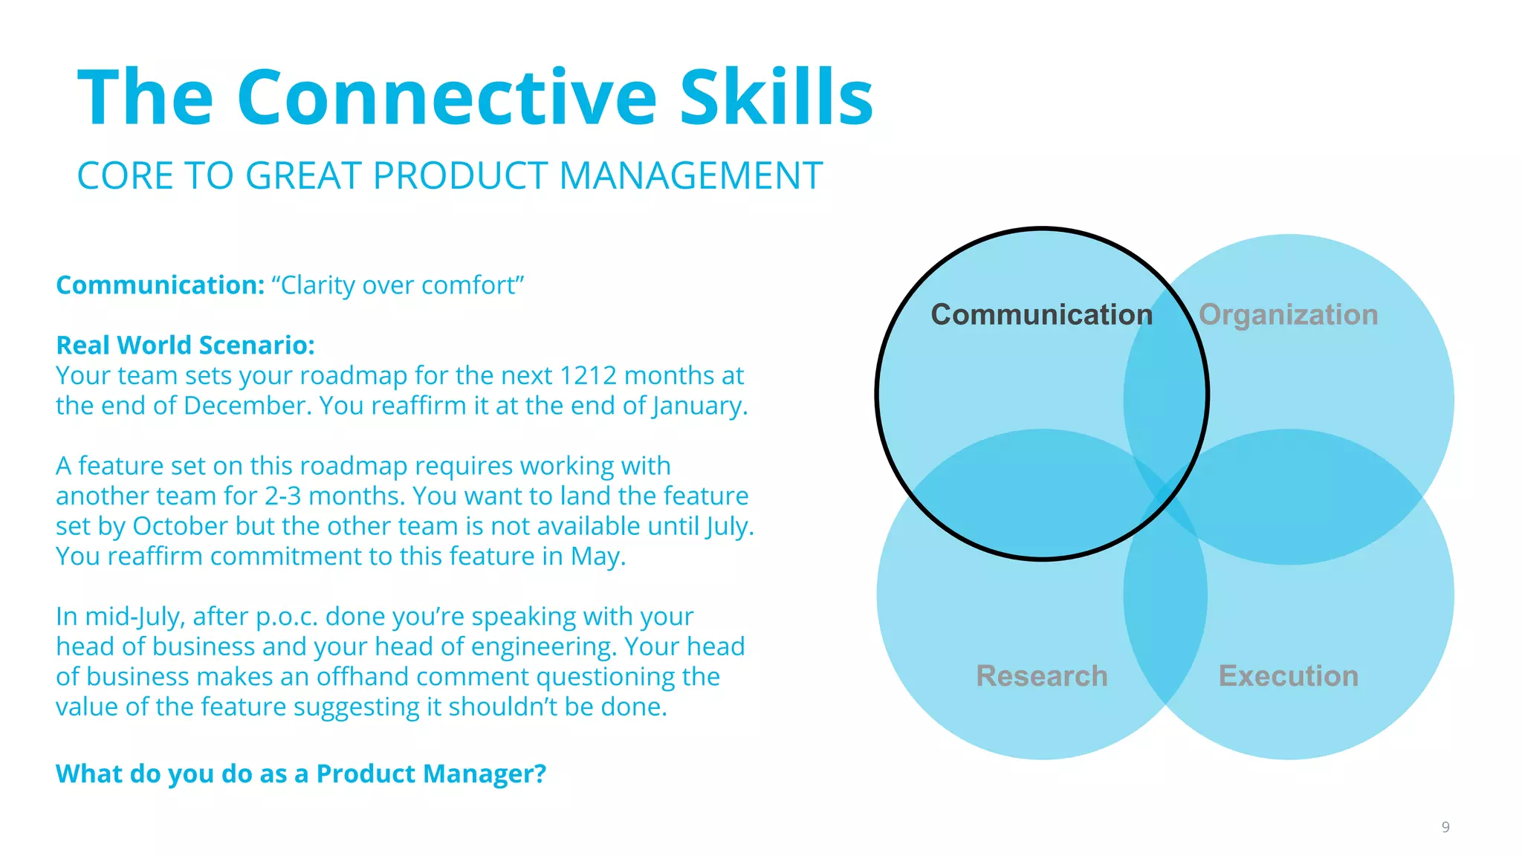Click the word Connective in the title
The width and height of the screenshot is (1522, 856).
click(447, 98)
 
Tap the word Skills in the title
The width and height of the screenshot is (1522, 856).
click(776, 98)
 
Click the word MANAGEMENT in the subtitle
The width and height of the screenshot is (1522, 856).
click(690, 176)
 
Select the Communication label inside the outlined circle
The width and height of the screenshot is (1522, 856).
click(1041, 315)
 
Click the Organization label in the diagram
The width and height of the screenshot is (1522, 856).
click(1288, 315)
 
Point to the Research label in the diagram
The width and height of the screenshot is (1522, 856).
click(1041, 676)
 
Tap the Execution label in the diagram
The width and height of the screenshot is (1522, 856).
click(1288, 676)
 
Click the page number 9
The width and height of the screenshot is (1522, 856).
click(1445, 827)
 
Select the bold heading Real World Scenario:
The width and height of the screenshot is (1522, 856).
click(185, 346)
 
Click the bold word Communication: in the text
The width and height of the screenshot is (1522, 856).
click(160, 285)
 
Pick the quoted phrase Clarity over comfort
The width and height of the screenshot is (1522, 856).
click(398, 285)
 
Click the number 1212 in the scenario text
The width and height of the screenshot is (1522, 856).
click(587, 376)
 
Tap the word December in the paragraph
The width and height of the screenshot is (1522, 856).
click(247, 406)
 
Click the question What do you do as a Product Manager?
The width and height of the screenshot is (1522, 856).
click(300, 774)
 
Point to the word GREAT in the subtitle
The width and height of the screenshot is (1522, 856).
click(305, 176)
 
